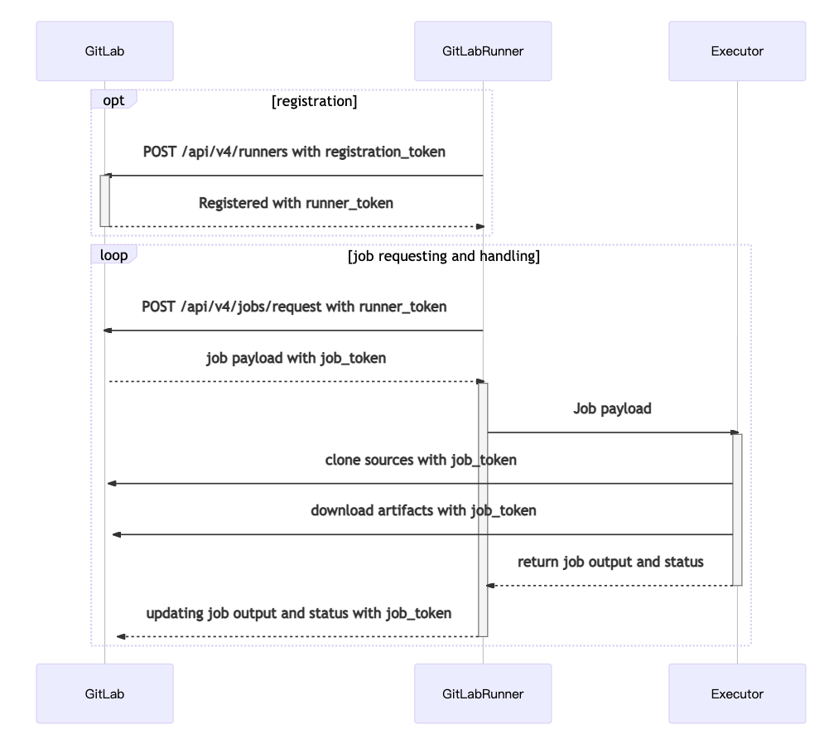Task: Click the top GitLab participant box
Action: point(104,51)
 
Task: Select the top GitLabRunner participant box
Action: point(483,51)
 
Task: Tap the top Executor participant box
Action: point(737,51)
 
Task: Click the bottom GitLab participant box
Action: point(104,693)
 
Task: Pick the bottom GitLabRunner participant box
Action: point(483,693)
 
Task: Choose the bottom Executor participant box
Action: point(737,693)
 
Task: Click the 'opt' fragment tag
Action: point(113,99)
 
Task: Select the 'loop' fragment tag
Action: point(113,255)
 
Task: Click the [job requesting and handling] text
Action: point(444,257)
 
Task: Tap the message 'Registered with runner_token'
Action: point(296,203)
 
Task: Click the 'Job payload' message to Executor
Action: point(612,408)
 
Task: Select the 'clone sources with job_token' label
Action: point(421,460)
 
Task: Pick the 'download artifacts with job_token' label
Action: point(423,510)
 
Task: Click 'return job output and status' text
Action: point(610,562)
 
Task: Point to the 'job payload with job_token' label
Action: point(296,359)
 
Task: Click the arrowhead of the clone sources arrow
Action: point(112,483)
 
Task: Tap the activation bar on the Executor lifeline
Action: point(737,509)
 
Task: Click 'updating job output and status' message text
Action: point(299,613)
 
